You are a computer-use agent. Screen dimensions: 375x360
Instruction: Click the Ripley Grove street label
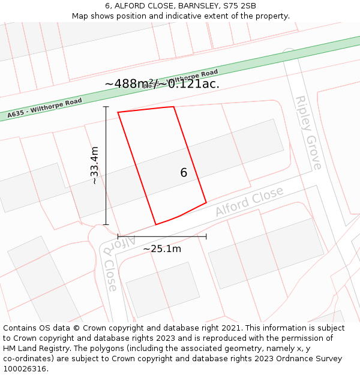coord(308,133)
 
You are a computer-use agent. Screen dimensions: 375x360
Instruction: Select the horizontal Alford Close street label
coord(249,202)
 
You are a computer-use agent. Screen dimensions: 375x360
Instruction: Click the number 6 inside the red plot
coord(184,173)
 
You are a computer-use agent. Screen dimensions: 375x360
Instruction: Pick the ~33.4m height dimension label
coord(94,166)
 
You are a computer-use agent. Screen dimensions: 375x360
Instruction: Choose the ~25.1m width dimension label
coord(162,248)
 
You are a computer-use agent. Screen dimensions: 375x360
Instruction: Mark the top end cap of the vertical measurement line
coord(106,107)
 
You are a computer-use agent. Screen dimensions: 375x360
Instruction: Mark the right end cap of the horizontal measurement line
coord(206,236)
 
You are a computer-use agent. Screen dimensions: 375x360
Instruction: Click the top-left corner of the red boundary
coord(118,112)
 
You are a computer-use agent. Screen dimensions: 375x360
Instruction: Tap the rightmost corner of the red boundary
coord(206,203)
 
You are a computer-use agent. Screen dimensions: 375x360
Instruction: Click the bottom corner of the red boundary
coord(156,224)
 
